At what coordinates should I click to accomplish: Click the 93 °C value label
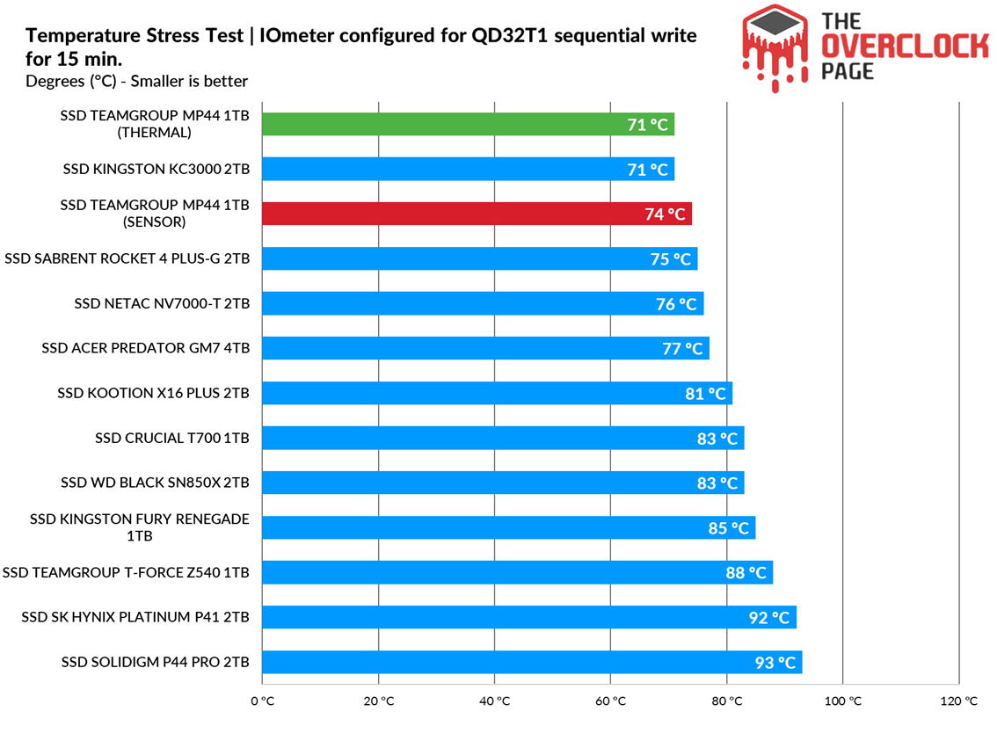click(x=775, y=663)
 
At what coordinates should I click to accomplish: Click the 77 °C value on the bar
click(x=682, y=349)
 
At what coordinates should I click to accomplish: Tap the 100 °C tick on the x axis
click(x=842, y=701)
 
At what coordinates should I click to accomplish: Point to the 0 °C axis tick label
click(x=262, y=701)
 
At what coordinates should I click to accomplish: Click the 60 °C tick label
click(x=610, y=701)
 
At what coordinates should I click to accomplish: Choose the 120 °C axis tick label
click(x=958, y=701)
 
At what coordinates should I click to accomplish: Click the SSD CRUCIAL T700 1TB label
click(x=172, y=438)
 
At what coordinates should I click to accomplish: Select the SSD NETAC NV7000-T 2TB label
click(x=162, y=303)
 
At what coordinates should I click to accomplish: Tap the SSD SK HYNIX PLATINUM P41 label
click(x=135, y=617)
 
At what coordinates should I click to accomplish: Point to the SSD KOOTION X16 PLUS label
click(x=154, y=393)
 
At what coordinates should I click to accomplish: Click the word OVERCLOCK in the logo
click(x=905, y=47)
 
